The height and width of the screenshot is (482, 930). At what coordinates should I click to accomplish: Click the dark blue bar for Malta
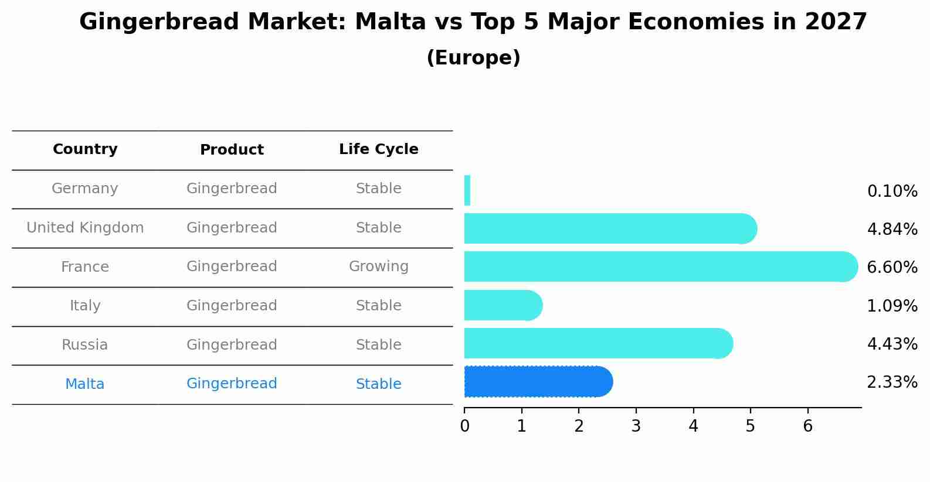(x=538, y=382)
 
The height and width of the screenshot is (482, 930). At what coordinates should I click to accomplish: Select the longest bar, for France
(x=661, y=266)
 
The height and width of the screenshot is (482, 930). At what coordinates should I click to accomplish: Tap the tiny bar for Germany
(x=467, y=190)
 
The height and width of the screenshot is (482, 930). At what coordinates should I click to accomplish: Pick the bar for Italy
(x=503, y=305)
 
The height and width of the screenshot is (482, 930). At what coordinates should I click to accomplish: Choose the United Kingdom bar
(x=611, y=228)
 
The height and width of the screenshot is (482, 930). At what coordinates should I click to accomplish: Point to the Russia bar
(x=599, y=343)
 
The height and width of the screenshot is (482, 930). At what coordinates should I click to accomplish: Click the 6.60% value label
(x=892, y=267)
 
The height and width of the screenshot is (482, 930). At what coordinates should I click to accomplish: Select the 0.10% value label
(x=892, y=192)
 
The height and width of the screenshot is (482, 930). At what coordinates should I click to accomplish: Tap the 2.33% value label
(x=892, y=382)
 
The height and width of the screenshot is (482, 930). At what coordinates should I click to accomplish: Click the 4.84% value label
(x=892, y=229)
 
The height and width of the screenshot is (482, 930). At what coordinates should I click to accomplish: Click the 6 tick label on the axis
(x=807, y=426)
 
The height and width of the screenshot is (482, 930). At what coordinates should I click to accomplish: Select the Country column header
(x=85, y=149)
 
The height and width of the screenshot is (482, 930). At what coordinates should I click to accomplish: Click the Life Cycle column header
(x=379, y=149)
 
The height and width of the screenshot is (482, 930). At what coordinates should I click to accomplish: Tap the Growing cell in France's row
(x=379, y=266)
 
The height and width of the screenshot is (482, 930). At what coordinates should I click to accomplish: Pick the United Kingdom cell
(x=85, y=228)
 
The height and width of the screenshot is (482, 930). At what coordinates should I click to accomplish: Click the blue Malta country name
(x=84, y=384)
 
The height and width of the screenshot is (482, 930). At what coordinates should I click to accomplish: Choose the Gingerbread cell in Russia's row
(x=232, y=345)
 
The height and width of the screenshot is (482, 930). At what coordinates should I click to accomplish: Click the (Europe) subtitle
(x=473, y=57)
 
